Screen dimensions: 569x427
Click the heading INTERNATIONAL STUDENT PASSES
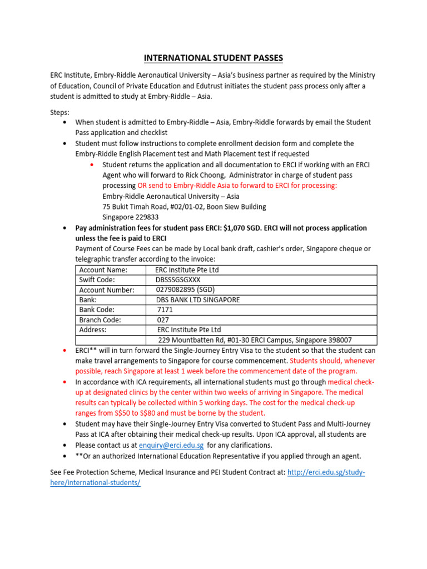coord(213,57)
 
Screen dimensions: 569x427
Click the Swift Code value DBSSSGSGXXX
coord(182,280)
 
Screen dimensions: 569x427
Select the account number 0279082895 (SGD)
coord(185,290)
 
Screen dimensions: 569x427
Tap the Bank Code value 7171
coord(166,310)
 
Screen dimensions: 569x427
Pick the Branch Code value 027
coord(163,320)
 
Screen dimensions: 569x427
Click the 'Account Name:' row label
coord(103,270)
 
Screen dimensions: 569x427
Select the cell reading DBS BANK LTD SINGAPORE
coord(198,300)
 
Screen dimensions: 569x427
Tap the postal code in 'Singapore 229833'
coord(147,217)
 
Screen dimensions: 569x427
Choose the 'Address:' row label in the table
coord(93,330)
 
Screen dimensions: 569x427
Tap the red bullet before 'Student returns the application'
coord(92,165)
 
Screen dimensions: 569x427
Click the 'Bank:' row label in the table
coord(88,300)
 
